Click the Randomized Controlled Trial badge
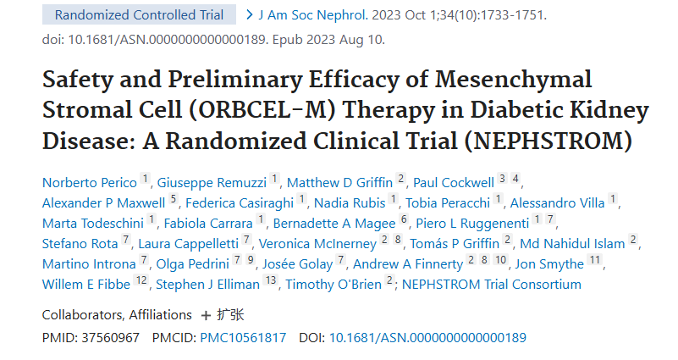139,14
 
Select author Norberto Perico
89,181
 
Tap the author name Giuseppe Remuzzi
217,181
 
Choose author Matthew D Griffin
340,181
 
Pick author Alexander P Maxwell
103,202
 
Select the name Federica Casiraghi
241,202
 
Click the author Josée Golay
300,263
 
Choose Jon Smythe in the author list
550,263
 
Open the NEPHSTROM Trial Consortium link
492,285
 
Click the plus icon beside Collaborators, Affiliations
206,315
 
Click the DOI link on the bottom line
427,337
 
